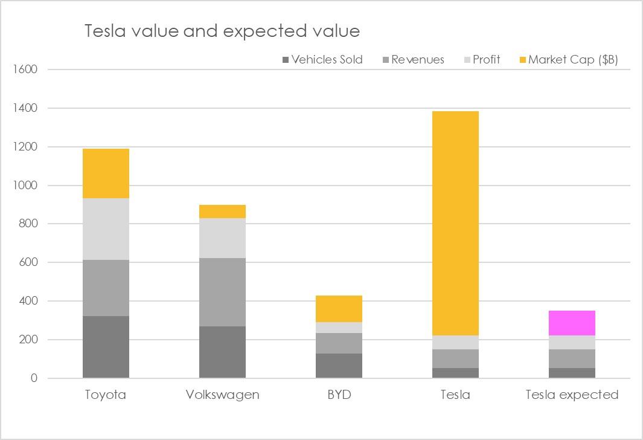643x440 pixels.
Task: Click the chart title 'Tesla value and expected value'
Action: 222,31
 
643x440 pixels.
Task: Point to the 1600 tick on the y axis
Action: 25,70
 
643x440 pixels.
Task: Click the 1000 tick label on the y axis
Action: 25,186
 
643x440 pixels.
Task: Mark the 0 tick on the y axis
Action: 33,378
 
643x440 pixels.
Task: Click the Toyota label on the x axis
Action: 106,395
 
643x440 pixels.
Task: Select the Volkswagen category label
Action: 222,395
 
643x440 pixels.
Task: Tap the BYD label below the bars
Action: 339,395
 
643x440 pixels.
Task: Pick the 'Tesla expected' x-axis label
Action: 572,395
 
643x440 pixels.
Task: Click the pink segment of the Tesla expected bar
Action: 572,323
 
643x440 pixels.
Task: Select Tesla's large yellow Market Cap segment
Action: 455,223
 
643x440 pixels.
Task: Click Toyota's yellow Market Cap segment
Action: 106,173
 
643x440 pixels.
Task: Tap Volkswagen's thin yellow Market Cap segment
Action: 222,212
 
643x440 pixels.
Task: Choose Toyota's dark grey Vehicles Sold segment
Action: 106,347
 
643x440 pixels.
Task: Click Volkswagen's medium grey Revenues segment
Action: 222,292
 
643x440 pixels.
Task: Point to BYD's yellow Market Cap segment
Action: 339,309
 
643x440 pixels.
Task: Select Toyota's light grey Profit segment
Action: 106,229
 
